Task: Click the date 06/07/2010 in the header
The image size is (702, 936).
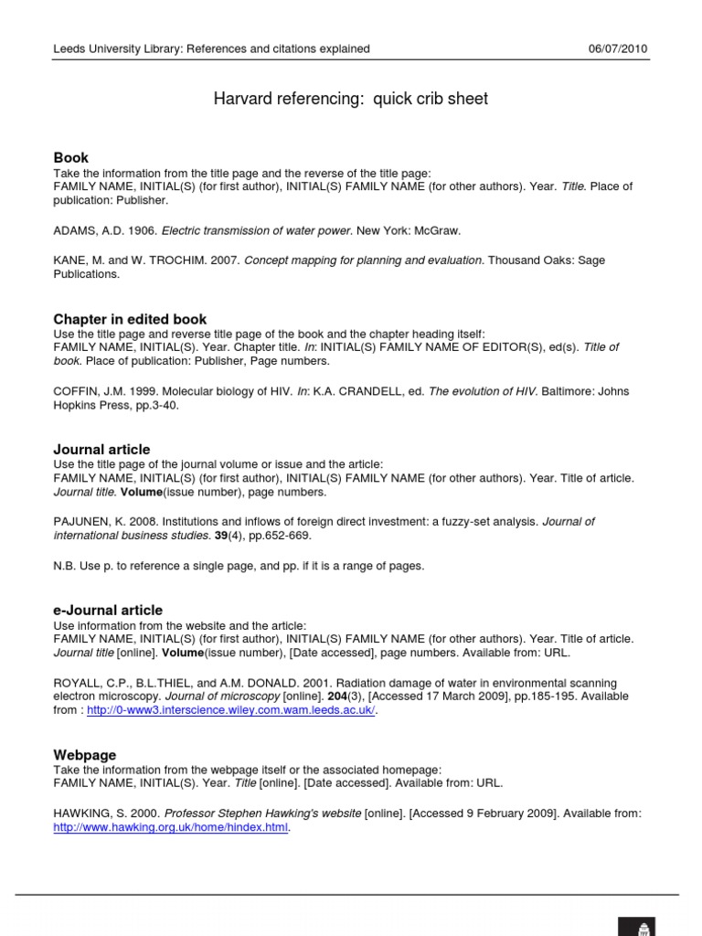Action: point(618,48)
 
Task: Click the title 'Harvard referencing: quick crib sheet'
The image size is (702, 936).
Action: point(351,99)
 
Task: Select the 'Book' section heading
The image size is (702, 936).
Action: point(71,157)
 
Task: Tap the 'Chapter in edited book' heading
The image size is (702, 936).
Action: point(130,319)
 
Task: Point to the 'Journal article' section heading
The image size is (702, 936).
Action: point(101,449)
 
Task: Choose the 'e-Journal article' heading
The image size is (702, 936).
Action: point(108,610)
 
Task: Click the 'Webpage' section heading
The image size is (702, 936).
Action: point(85,754)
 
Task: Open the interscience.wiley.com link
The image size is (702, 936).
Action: point(230,711)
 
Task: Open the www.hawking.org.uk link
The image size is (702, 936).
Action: point(171,828)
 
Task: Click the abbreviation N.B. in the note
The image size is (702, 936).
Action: point(64,566)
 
